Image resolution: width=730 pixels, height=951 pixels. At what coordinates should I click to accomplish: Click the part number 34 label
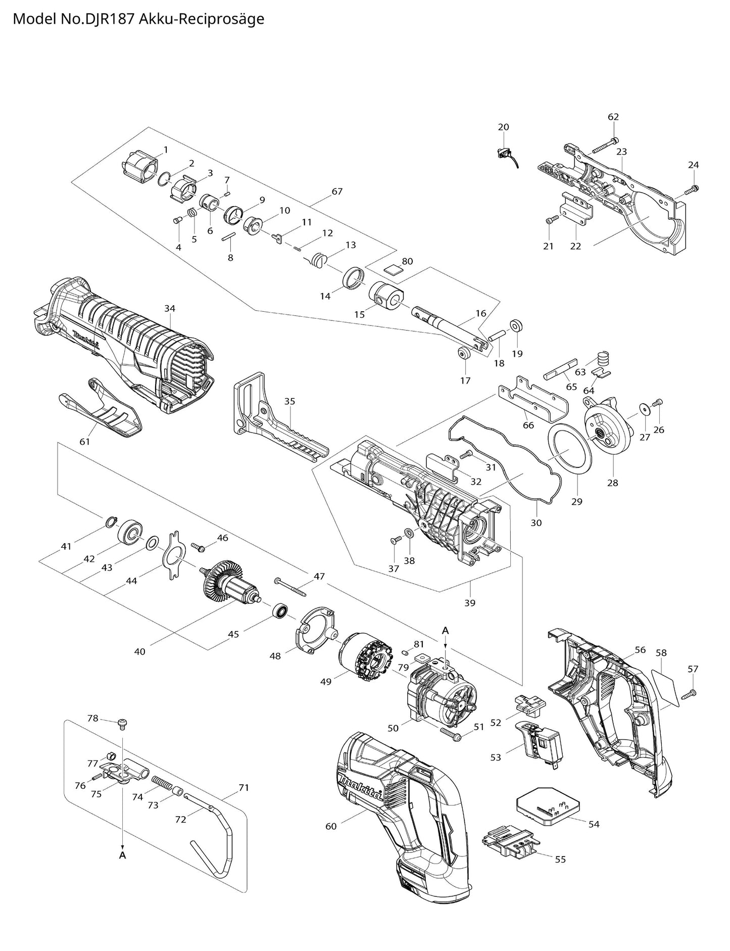pos(170,308)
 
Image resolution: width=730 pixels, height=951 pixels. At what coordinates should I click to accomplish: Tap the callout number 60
pos(331,826)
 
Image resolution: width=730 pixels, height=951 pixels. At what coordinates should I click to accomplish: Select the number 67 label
pos(337,191)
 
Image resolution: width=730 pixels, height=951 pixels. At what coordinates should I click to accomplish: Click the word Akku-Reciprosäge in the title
pos(203,19)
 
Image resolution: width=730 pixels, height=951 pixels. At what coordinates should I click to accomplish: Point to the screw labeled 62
pos(603,146)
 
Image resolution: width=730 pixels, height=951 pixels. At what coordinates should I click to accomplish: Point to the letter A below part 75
pos(122,855)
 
